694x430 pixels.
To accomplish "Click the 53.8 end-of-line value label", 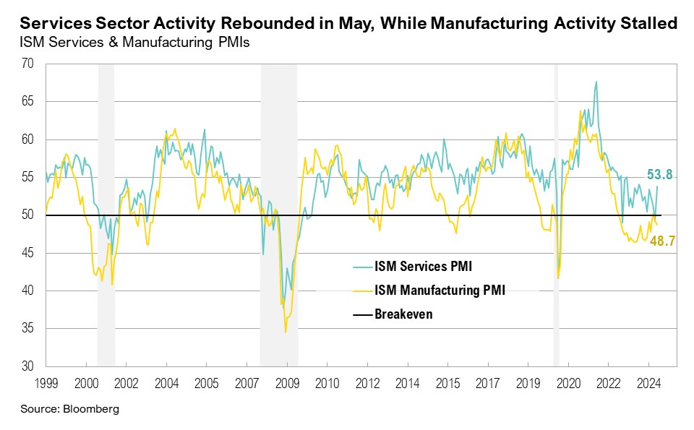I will coord(659,174).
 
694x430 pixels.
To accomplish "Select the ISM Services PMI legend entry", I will coord(422,267).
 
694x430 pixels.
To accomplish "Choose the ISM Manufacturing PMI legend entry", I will coord(439,291).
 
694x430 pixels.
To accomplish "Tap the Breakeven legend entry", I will coord(403,314).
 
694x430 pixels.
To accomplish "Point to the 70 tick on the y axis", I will coord(28,64).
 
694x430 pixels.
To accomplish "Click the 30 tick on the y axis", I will coord(28,366).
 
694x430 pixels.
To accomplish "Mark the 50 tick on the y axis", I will coord(28,215).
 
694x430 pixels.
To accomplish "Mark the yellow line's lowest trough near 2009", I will coord(286,332).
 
